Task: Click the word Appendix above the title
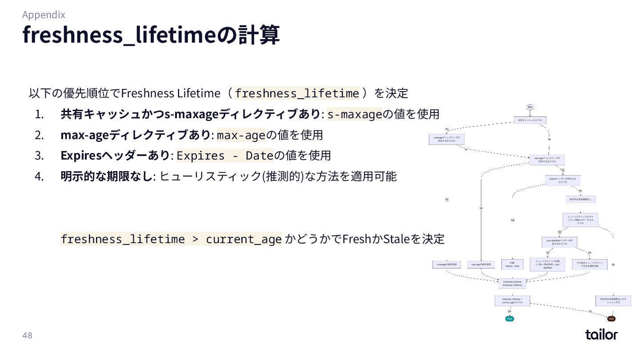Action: (x=44, y=15)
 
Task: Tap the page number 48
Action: (x=27, y=335)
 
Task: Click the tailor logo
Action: (x=601, y=334)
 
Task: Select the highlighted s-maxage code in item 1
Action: (x=355, y=114)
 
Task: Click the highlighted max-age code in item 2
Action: (x=240, y=135)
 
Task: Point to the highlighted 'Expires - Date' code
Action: (x=224, y=156)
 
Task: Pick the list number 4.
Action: (x=40, y=176)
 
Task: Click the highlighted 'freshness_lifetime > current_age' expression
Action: (x=171, y=239)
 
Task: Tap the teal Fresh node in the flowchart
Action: (x=509, y=319)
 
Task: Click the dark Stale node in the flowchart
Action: (x=611, y=319)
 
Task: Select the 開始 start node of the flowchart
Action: (x=530, y=107)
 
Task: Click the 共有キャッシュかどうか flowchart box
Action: (x=530, y=120)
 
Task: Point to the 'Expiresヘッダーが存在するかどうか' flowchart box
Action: (x=563, y=180)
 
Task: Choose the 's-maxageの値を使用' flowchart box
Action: (x=447, y=264)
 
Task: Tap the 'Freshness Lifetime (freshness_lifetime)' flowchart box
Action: (x=512, y=283)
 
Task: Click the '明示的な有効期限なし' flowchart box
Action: (x=580, y=200)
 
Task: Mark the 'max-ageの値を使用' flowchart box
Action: (x=481, y=264)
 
